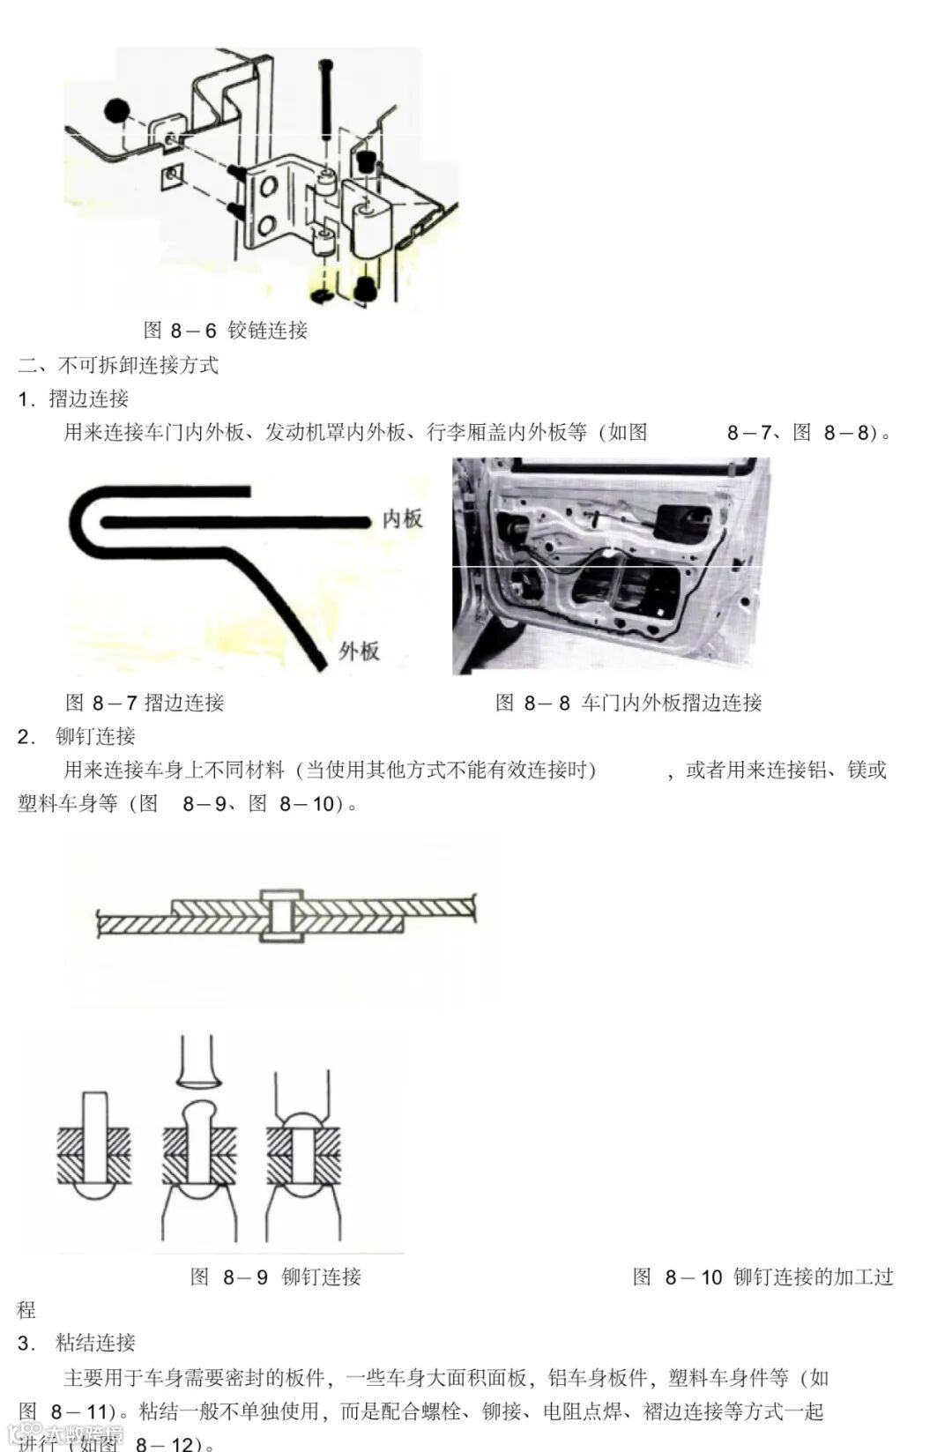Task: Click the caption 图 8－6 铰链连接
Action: coord(225,331)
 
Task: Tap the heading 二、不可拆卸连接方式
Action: coord(118,365)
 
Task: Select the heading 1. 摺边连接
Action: coord(74,398)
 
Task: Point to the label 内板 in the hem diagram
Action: coord(402,519)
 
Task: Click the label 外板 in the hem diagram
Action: coord(359,652)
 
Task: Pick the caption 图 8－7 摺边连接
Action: coord(145,703)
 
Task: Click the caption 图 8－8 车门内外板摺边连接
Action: coord(628,703)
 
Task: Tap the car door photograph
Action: coord(610,566)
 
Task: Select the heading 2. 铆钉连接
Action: coord(78,736)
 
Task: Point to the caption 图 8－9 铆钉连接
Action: coord(276,1277)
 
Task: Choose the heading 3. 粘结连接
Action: coord(78,1343)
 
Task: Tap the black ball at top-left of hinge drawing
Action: coord(116,110)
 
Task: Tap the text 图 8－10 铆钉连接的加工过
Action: coord(763,1277)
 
